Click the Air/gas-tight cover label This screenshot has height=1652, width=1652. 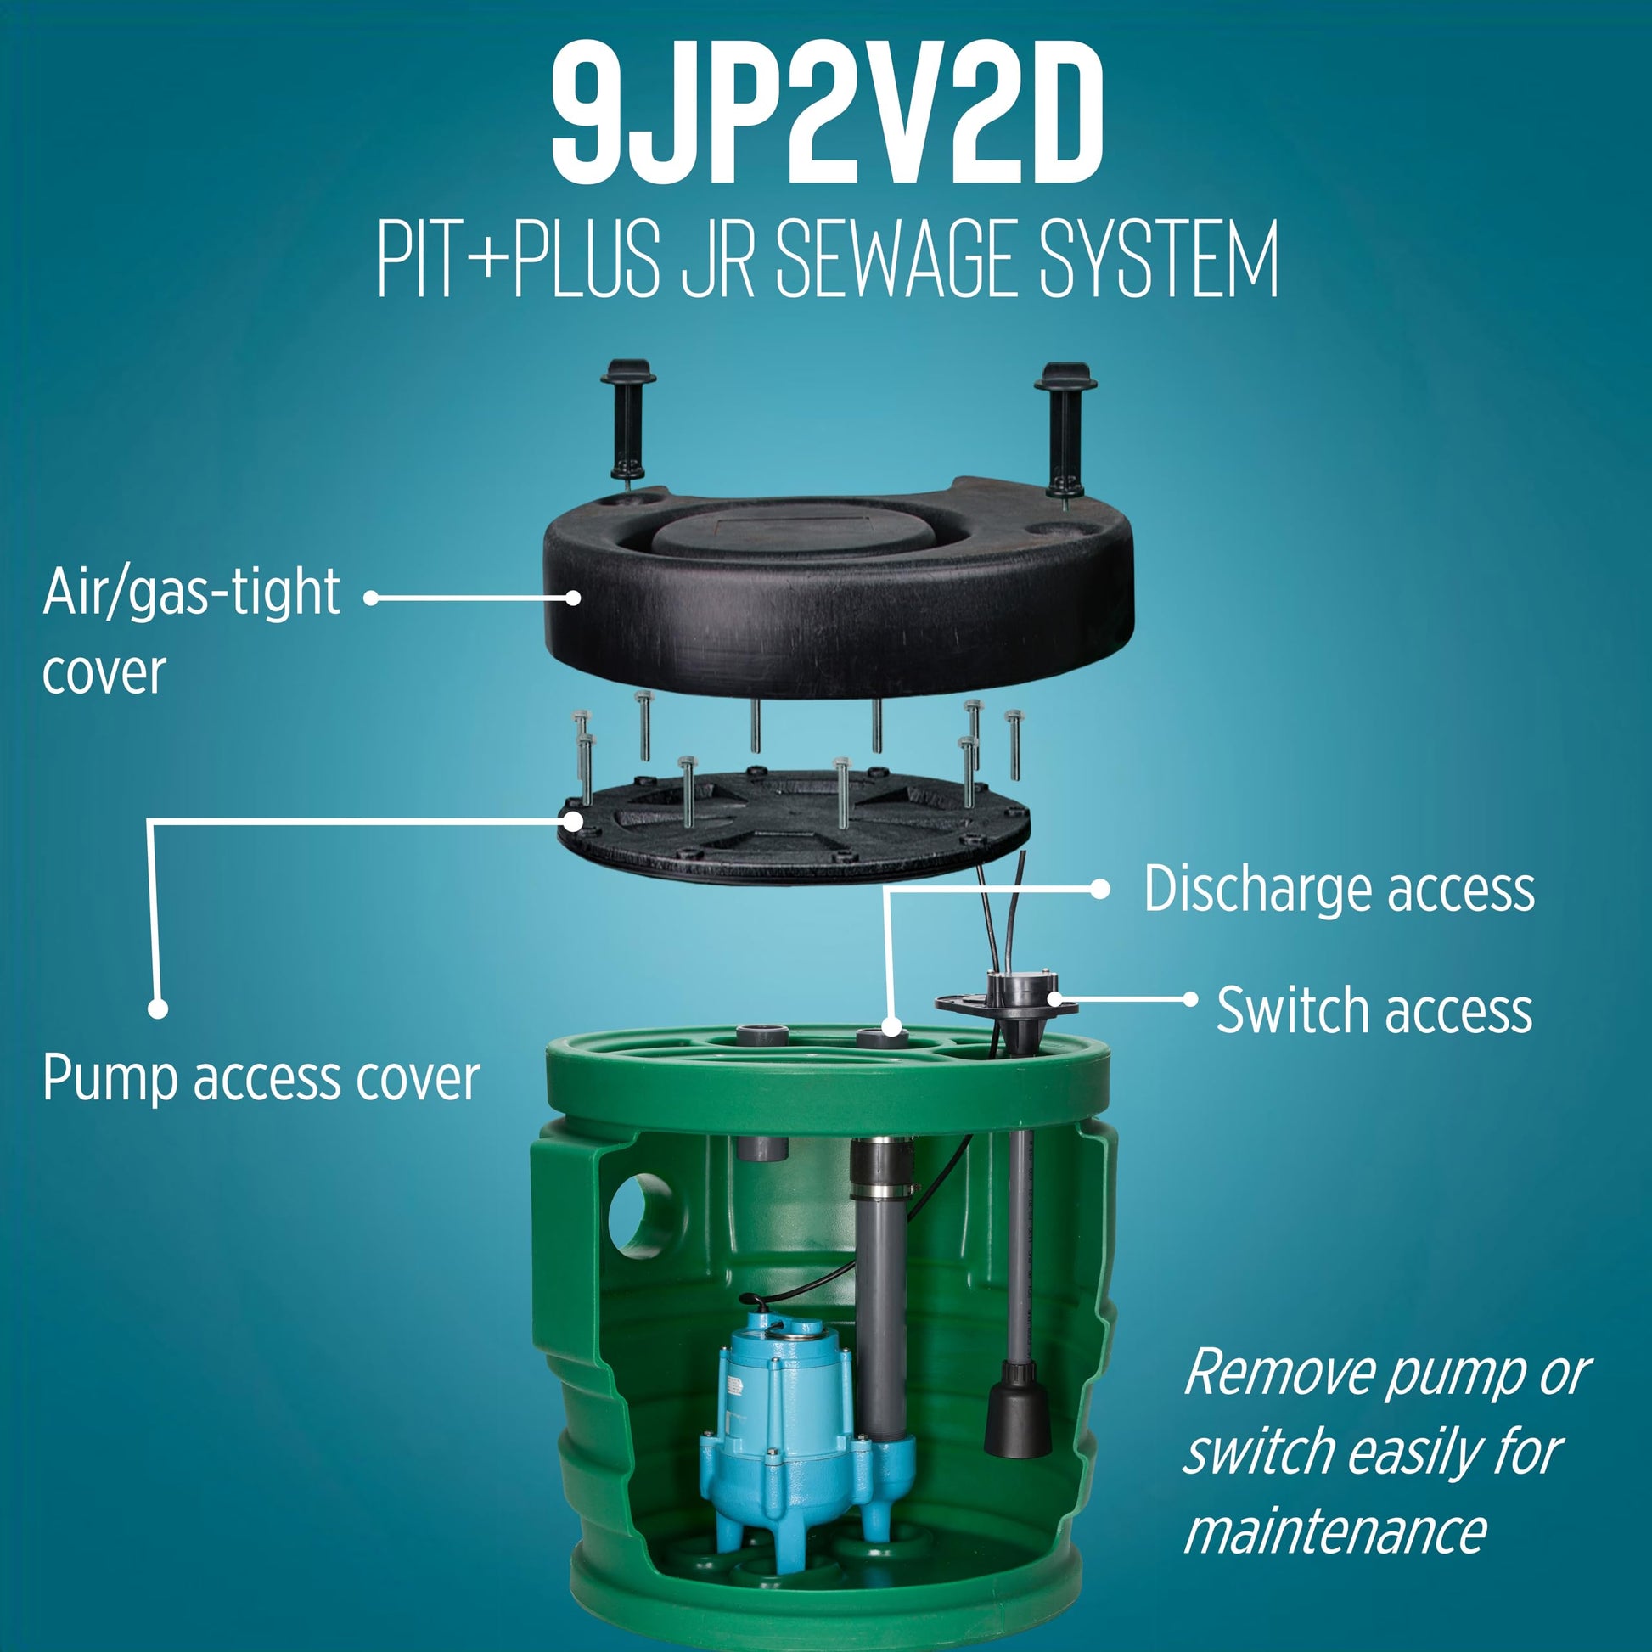(x=191, y=632)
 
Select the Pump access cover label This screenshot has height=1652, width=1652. (x=261, y=1079)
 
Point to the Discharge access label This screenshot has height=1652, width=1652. (x=1339, y=889)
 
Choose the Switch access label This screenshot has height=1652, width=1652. (x=1374, y=1010)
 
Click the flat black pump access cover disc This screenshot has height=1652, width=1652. (x=793, y=824)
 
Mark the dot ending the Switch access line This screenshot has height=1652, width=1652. (x=1189, y=998)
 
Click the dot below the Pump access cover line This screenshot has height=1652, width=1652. (x=157, y=1009)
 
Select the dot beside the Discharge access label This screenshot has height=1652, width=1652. (x=1100, y=890)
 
